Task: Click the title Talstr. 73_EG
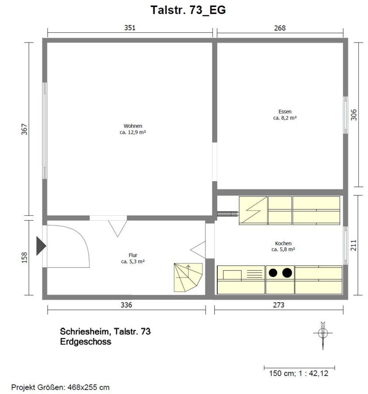click(x=188, y=11)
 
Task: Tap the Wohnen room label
click(x=133, y=126)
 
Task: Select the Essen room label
click(x=285, y=112)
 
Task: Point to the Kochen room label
click(x=283, y=243)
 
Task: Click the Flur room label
click(x=133, y=255)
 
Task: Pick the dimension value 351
click(x=130, y=28)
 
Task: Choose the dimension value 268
click(x=280, y=28)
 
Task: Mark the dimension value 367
click(x=24, y=129)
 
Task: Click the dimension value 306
click(x=354, y=115)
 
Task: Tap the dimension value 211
click(x=354, y=245)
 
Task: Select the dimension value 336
click(x=126, y=305)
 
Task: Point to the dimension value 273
click(x=279, y=305)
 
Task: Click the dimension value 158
click(x=24, y=257)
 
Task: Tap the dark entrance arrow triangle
click(x=41, y=246)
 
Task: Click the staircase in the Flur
click(x=188, y=278)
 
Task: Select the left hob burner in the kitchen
click(x=273, y=273)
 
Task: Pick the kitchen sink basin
click(x=232, y=274)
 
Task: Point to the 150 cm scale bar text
click(x=299, y=373)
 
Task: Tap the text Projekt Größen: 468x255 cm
click(x=60, y=387)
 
